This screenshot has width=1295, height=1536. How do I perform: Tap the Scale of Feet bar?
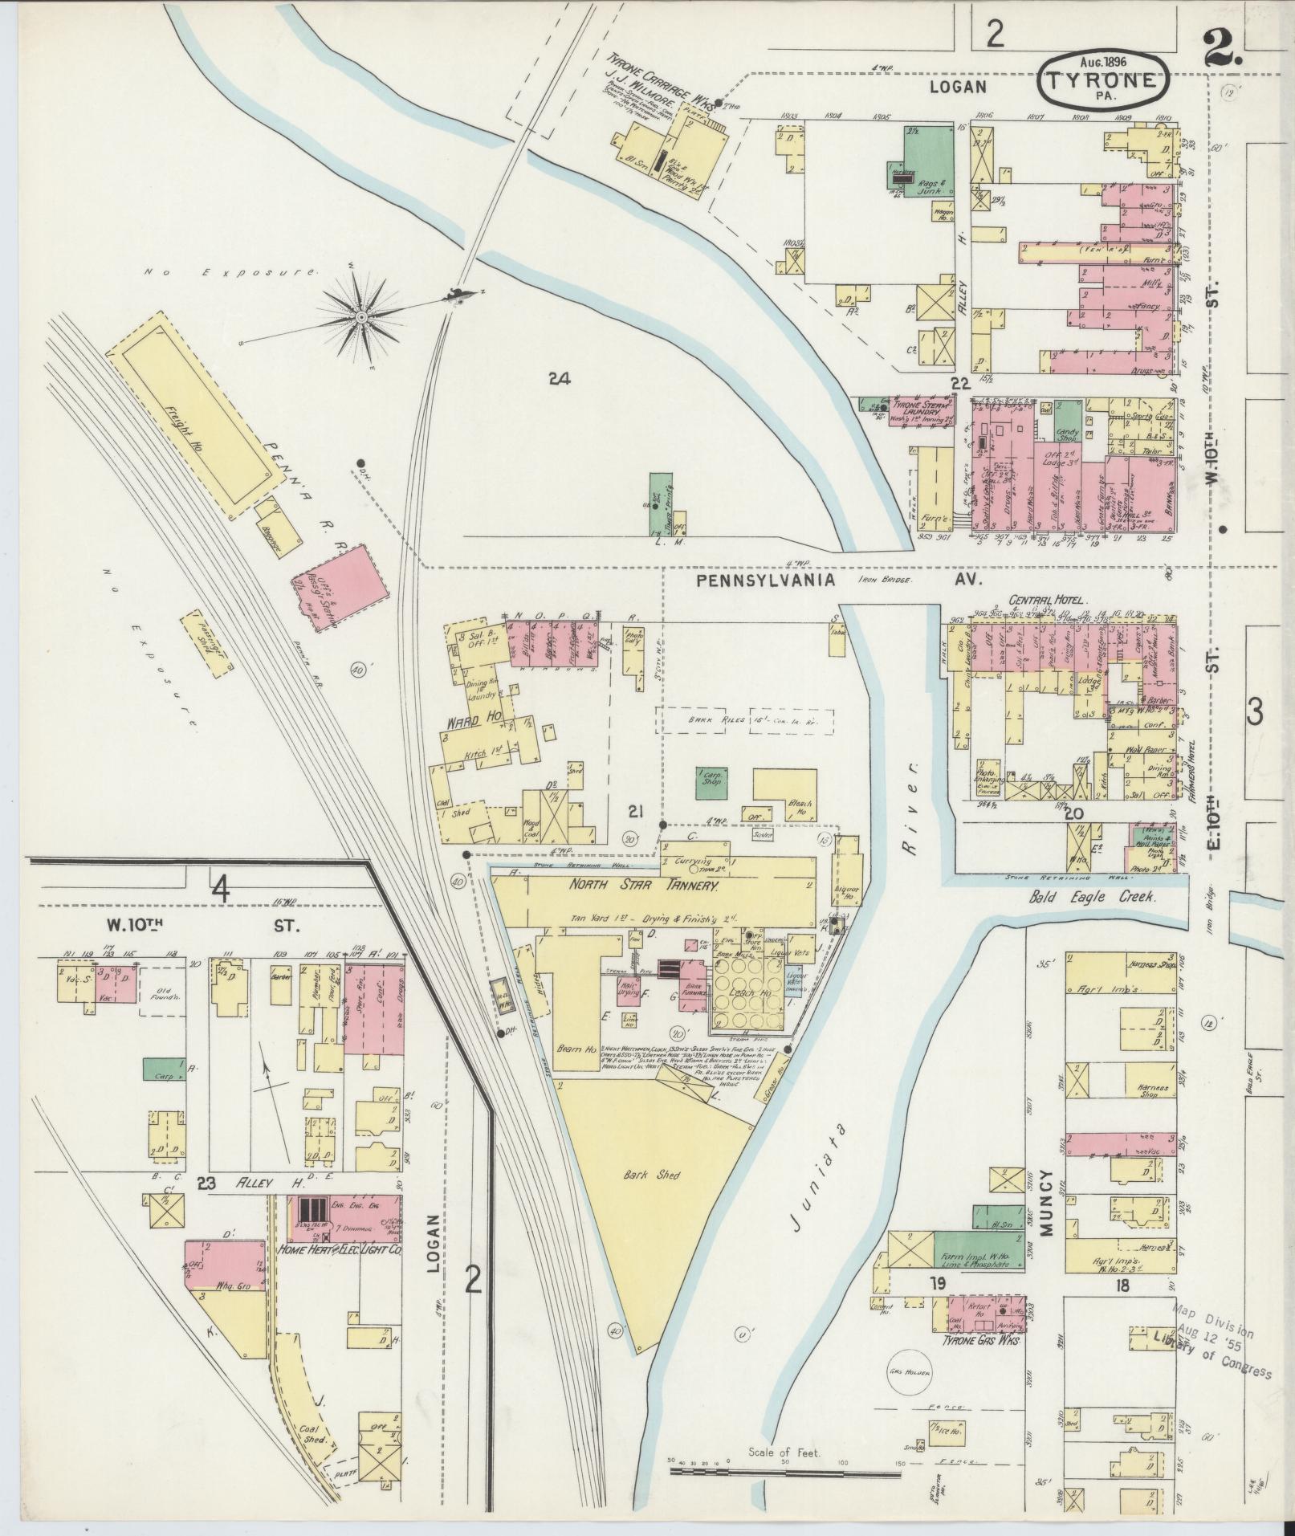pos(785,1473)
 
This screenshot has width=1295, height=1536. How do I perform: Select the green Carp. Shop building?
pos(711,780)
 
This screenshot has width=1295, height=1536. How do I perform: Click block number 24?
pos(559,379)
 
